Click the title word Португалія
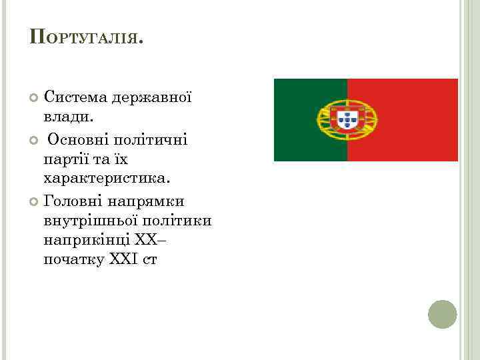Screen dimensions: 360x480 coord(86,37)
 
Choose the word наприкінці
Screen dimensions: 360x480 coord(84,239)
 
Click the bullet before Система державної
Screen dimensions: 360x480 coord(35,99)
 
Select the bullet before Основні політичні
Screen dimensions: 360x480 coord(35,139)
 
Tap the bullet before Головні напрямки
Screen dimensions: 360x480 coord(35,201)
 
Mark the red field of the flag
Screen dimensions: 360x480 coord(413,120)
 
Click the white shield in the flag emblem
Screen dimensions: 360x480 coord(347,120)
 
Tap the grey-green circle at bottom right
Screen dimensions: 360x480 coord(442,314)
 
